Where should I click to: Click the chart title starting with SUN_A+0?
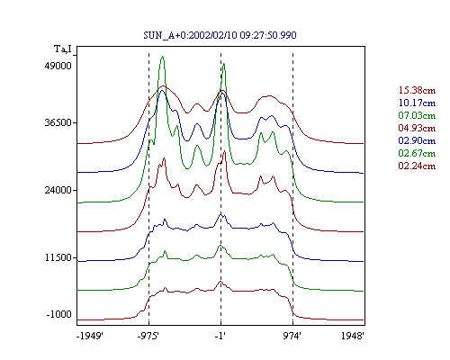pos(220,35)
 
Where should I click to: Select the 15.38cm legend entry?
pos(417,90)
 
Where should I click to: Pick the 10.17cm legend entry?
pos(417,103)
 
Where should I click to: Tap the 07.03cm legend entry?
pos(417,115)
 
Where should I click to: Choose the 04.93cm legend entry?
pos(417,128)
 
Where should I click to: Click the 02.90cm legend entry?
pos(417,140)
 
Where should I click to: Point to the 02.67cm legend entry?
pos(417,153)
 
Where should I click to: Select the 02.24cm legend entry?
pos(417,166)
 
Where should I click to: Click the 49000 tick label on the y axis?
pos(58,66)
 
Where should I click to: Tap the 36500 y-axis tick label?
pos(58,122)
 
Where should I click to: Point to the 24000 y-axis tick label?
pos(58,190)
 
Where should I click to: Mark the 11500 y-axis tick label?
pos(58,257)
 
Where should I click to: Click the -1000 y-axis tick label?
pos(59,314)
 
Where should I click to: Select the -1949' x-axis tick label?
pos(90,336)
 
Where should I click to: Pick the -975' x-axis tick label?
pos(148,336)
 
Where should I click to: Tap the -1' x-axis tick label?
pos(220,336)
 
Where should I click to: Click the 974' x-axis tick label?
pos(292,336)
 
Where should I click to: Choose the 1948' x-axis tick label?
pos(353,336)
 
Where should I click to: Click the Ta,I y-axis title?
pos(63,49)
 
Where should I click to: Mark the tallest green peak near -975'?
pos(162,57)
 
